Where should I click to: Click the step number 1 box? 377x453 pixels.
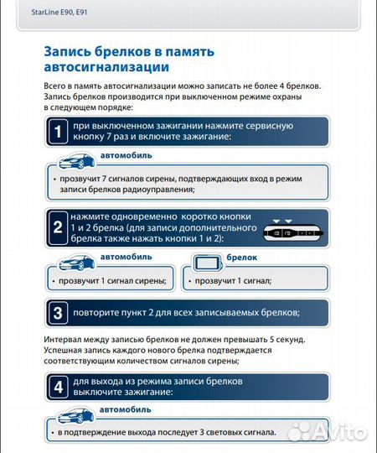[x=57, y=131]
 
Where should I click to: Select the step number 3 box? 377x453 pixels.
[x=57, y=313]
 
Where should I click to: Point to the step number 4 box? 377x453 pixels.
[x=57, y=387]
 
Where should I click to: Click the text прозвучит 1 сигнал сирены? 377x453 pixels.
[x=108, y=280]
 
